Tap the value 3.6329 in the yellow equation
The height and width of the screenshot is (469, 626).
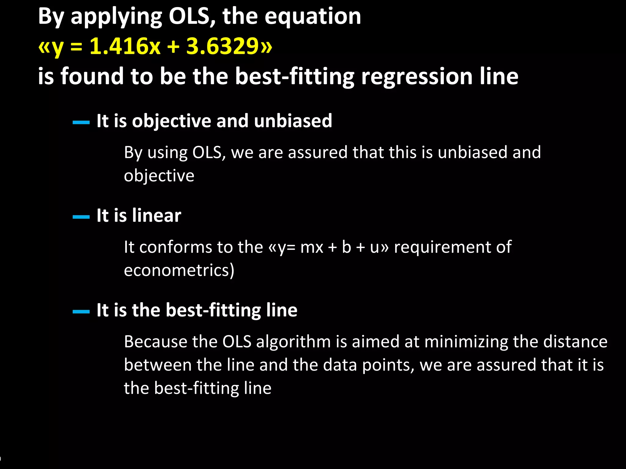223,46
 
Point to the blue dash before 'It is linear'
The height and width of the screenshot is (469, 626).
81,217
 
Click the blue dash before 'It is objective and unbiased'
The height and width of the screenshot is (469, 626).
81,122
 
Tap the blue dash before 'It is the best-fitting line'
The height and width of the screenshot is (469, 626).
81,312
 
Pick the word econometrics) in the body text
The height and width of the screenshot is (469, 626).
179,271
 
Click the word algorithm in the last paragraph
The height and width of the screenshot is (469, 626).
293,342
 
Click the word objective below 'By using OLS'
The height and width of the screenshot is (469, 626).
159,176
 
